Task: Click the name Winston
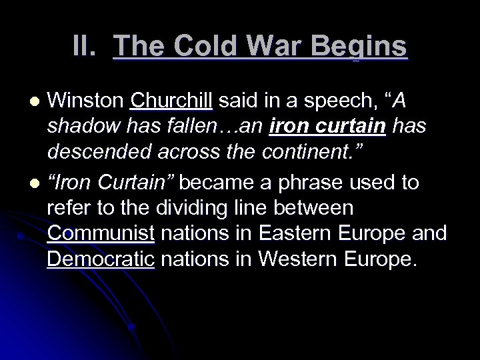tap(87, 102)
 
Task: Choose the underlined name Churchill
tap(172, 102)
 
